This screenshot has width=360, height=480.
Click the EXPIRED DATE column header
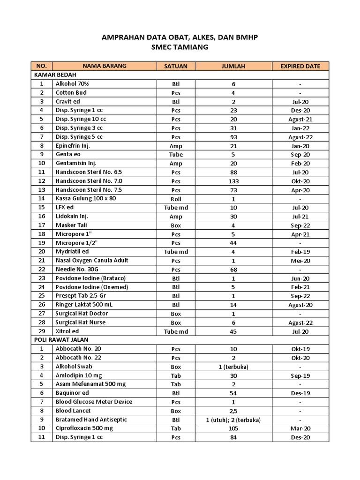[300, 66]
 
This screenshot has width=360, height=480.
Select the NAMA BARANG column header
[105, 66]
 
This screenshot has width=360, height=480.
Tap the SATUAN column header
[176, 66]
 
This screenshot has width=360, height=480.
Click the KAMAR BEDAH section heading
[55, 75]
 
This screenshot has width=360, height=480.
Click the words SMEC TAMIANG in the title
[180, 47]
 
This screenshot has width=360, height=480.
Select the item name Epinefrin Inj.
[73, 146]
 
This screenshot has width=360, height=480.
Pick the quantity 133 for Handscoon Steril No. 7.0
[233, 181]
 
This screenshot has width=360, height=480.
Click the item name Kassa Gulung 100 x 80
[86, 198]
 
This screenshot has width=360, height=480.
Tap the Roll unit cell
[176, 199]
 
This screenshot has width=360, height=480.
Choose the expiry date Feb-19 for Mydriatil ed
[300, 252]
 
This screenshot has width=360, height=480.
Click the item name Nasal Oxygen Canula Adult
[92, 260]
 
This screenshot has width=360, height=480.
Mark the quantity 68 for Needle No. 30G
[233, 270]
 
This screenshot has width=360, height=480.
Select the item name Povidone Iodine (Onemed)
[92, 287]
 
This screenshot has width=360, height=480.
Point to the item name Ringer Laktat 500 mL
[85, 305]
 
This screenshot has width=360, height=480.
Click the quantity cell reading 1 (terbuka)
[233, 367]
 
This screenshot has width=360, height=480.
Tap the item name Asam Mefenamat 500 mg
[91, 384]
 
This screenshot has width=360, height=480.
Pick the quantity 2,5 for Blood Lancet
[233, 411]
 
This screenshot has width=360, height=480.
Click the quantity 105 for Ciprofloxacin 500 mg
[233, 428]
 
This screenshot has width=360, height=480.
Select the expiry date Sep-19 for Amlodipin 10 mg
[300, 375]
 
